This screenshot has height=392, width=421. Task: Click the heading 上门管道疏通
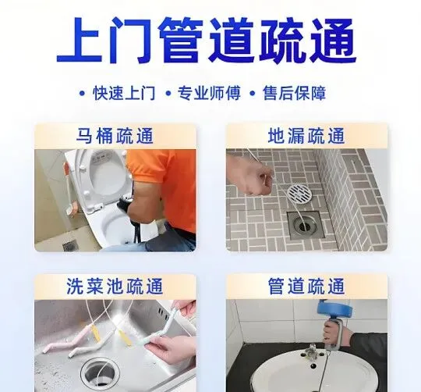(x=207, y=40)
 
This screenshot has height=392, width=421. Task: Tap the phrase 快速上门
(x=124, y=93)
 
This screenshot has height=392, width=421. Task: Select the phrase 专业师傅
(x=209, y=93)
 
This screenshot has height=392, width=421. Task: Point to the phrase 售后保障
(x=294, y=93)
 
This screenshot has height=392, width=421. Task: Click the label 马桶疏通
(x=115, y=136)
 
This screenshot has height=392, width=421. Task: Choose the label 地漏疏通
(x=306, y=136)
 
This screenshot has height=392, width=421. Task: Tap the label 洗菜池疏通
(x=115, y=286)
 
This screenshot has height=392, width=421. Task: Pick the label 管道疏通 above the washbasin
(x=306, y=286)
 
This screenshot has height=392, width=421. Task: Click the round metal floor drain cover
(x=299, y=193)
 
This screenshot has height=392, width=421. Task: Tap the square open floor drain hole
(x=306, y=225)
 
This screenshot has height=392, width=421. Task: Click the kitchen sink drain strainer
(x=100, y=375)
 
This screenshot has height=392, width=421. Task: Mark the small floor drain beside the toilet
(x=70, y=244)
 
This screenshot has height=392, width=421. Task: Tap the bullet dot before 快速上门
(x=82, y=94)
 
